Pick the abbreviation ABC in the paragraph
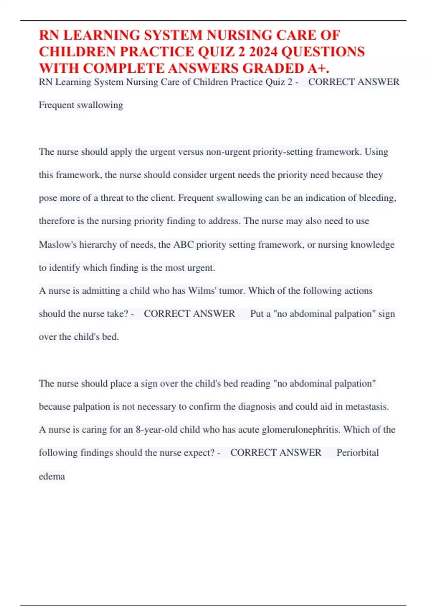click(184, 245)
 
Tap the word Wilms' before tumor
click(202, 291)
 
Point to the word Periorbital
click(358, 453)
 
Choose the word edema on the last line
click(52, 476)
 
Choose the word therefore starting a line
click(57, 221)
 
